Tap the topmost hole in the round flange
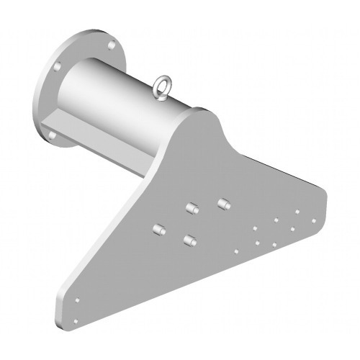coord(110,45)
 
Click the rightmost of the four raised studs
coord(223,204)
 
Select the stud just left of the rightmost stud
coord(192,209)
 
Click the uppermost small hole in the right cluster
coord(297,212)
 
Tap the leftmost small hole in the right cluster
coord(236,252)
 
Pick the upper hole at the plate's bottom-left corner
coord(78,300)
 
